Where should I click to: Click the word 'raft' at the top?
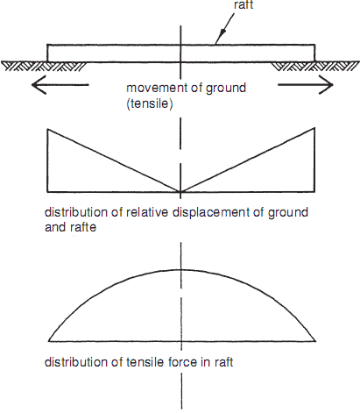pos(244,4)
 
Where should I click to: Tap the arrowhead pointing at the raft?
pos(221,37)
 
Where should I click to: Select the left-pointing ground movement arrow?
pos(60,85)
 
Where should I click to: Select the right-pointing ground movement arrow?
pos(306,85)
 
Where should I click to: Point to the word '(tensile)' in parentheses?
pos(150,103)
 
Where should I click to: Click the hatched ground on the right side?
pos(315,66)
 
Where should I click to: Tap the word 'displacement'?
pos(211,213)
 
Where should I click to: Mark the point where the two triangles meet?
pos(180,192)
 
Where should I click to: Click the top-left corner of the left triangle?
pos(47,129)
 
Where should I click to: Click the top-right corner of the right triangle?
pos(314,127)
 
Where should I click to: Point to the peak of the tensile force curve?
pos(181,269)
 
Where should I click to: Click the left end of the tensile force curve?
pos(48,341)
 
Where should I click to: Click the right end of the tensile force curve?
pos(315,341)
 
